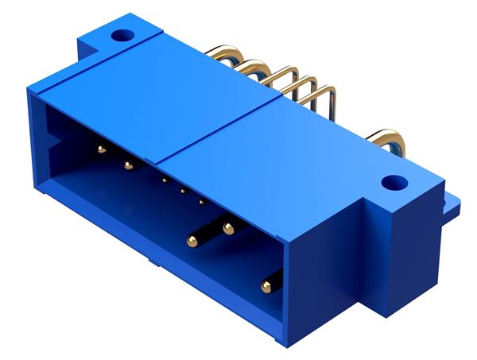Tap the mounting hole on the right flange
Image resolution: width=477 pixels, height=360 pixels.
pyautogui.click(x=390, y=184)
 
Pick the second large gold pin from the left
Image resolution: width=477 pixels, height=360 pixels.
pyautogui.click(x=127, y=165)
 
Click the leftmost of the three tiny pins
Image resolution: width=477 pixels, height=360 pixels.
pyautogui.click(x=164, y=180)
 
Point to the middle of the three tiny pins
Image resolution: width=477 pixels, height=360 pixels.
pyautogui.click(x=183, y=190)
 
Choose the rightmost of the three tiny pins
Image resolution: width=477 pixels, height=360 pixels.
pyautogui.click(x=202, y=201)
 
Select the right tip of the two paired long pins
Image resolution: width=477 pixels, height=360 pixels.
pyautogui.click(x=228, y=230)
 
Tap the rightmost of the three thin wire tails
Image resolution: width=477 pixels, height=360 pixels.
pyautogui.click(x=318, y=95)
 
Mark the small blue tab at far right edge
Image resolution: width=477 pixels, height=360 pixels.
pyautogui.click(x=453, y=205)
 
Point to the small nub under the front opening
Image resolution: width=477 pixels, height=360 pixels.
pyautogui.click(x=150, y=259)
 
